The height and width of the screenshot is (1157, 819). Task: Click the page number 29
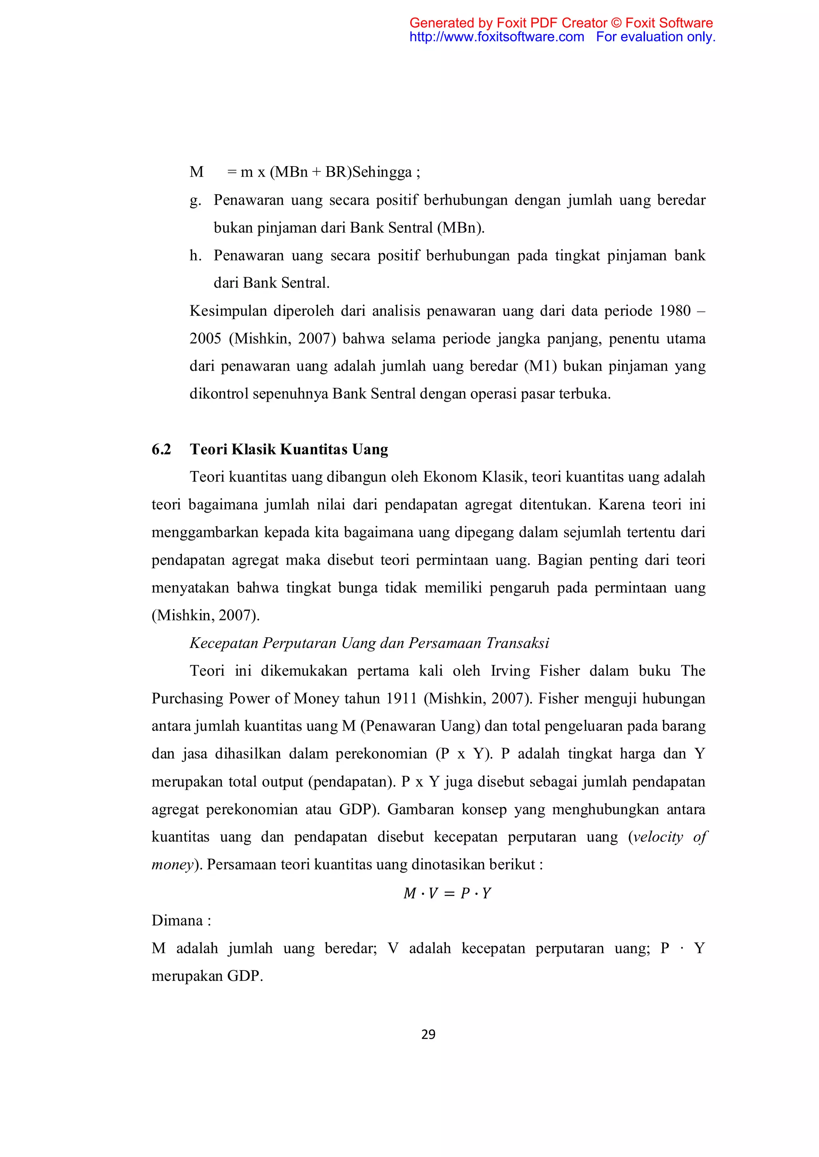point(428,1034)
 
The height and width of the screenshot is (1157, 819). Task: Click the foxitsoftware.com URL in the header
point(496,37)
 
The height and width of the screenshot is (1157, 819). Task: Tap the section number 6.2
point(162,449)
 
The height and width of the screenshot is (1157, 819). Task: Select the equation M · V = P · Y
point(447,893)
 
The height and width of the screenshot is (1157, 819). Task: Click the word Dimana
point(177,920)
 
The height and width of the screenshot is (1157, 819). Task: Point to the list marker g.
point(195,201)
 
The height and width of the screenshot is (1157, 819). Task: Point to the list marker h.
point(195,255)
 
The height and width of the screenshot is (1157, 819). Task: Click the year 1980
point(675,311)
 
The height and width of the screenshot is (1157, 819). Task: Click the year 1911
point(402,698)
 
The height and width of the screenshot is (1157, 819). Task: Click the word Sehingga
point(382,172)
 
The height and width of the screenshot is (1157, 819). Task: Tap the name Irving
point(510,671)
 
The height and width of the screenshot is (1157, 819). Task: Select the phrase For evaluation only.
point(655,37)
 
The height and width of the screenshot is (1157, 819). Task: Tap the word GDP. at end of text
point(245,976)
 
